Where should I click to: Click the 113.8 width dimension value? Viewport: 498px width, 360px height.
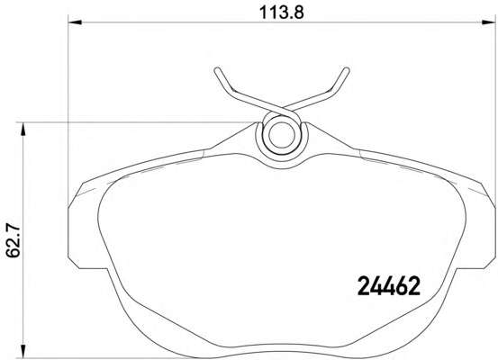click(282, 13)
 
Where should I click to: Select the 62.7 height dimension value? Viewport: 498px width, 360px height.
click(14, 240)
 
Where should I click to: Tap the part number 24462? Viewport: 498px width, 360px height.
click(389, 286)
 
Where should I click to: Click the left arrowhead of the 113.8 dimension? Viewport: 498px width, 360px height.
click(76, 22)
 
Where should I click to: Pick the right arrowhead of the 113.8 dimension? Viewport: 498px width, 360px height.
click(488, 22)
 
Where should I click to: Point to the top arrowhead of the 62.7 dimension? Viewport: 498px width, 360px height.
click(23, 130)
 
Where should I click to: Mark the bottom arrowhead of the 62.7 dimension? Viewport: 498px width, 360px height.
click(23, 351)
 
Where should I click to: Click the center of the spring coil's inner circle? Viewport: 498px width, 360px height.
click(282, 135)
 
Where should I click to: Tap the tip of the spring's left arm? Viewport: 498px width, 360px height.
click(217, 69)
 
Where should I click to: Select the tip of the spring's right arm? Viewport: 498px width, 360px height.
click(347, 69)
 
